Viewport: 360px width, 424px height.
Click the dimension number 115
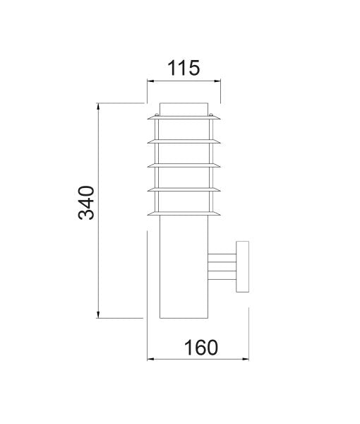[x=184, y=68]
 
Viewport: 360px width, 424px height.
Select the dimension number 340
[x=86, y=203]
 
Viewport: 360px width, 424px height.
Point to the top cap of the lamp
[x=184, y=110]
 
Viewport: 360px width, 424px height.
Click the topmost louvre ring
[x=184, y=118]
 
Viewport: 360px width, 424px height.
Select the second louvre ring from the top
[x=184, y=142]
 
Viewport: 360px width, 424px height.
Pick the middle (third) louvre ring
[x=184, y=166]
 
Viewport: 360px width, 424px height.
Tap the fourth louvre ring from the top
[x=184, y=189]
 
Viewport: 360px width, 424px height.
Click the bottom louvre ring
[x=184, y=213]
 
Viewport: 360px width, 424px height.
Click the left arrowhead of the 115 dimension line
[x=150, y=81]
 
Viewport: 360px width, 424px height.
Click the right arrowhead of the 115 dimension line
[x=218, y=81]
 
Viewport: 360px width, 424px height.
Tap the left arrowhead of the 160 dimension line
[x=150, y=360]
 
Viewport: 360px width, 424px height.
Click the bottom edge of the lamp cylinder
[x=184, y=318]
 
